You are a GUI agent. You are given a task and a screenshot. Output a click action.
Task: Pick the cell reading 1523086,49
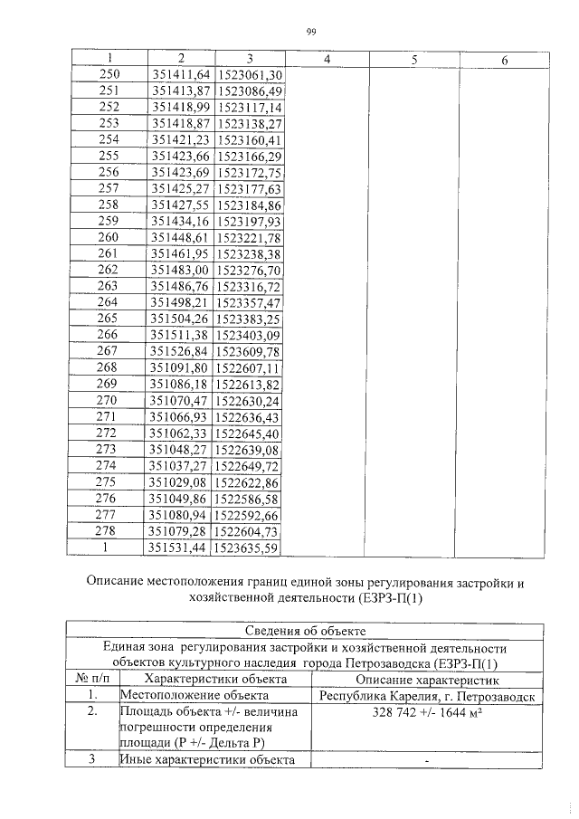(x=251, y=91)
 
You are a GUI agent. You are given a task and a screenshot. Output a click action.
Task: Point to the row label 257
(x=108, y=189)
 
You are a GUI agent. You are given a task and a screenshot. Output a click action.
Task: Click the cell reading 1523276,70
(x=251, y=270)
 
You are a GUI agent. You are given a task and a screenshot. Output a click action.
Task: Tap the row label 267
(x=108, y=351)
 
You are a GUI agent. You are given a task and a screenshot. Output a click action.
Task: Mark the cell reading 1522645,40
(x=251, y=433)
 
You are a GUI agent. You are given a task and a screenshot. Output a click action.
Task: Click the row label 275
(x=108, y=481)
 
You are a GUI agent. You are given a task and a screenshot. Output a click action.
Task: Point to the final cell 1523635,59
(x=251, y=547)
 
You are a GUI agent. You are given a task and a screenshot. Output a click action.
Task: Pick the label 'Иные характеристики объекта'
(x=208, y=760)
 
